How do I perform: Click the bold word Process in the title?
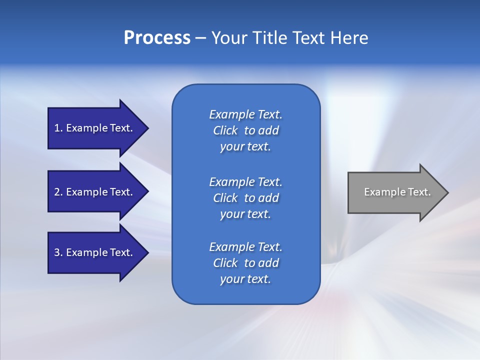coord(157,38)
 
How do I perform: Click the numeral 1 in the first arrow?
coord(57,128)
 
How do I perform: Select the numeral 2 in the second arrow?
coord(57,192)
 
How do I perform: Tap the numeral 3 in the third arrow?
coord(57,252)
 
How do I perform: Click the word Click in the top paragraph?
coord(225,130)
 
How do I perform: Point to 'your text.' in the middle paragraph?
coord(245,214)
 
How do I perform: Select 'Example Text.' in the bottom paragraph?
coord(245,247)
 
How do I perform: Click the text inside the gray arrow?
coord(397,192)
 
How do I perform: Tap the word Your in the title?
coord(229,38)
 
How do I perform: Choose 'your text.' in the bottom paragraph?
coord(245,279)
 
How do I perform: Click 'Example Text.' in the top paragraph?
coord(245,114)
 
